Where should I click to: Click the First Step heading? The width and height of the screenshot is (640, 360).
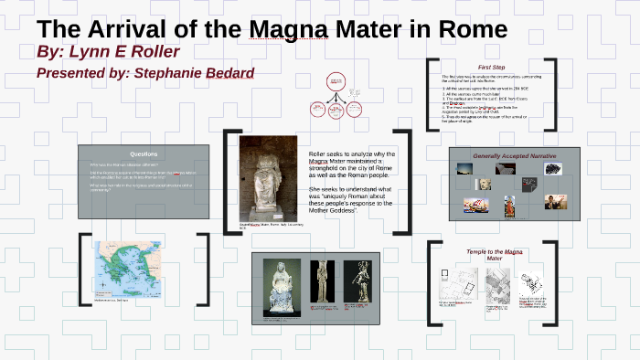click(x=492, y=68)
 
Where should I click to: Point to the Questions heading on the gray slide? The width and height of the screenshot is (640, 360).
click(x=144, y=154)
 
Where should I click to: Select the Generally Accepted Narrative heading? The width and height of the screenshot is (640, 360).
click(x=514, y=156)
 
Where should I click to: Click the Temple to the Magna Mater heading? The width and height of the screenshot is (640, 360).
click(x=493, y=255)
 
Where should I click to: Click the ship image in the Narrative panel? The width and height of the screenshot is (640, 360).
click(x=475, y=206)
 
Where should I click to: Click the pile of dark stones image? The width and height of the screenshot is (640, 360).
click(x=506, y=169)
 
